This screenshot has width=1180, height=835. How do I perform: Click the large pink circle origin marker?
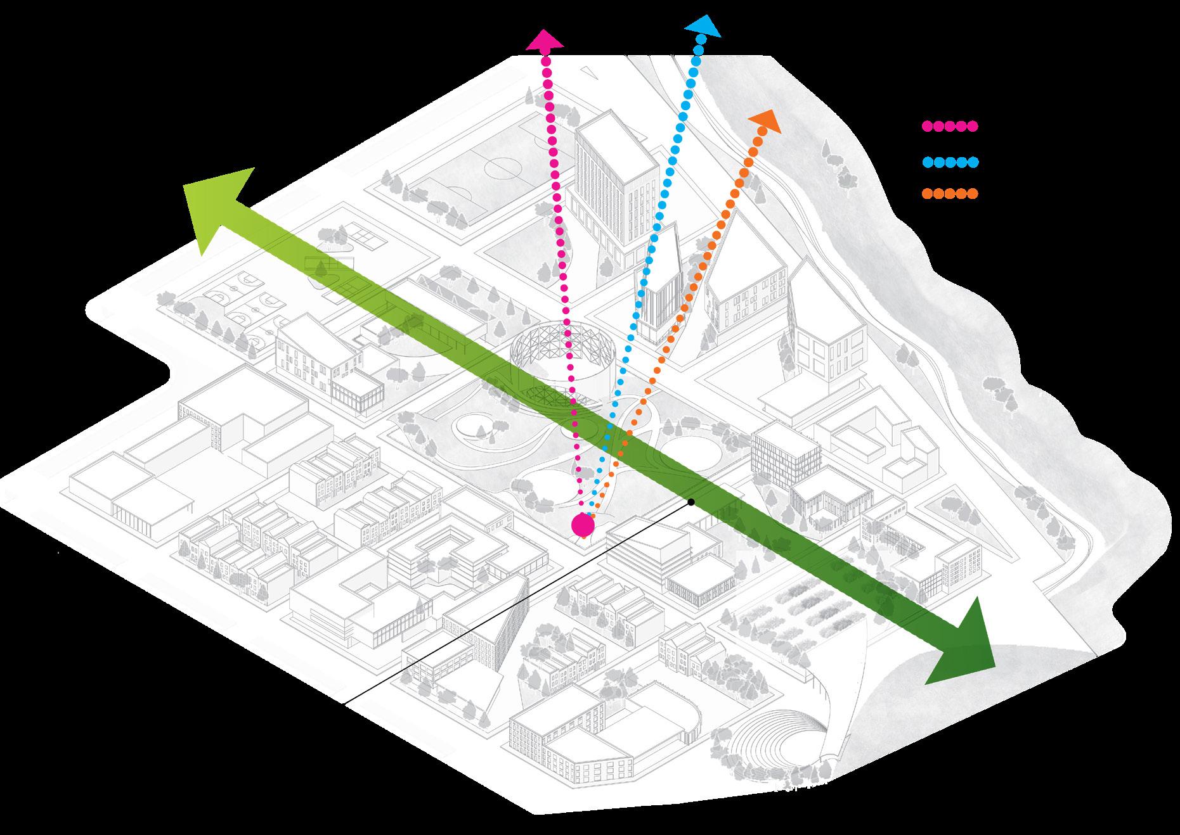[x=582, y=525]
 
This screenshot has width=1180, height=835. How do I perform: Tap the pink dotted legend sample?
[x=949, y=126]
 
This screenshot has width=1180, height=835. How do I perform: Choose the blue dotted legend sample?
[x=949, y=162]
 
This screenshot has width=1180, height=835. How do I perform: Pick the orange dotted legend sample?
[x=949, y=194]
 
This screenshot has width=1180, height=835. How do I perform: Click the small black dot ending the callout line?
[x=691, y=502]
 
